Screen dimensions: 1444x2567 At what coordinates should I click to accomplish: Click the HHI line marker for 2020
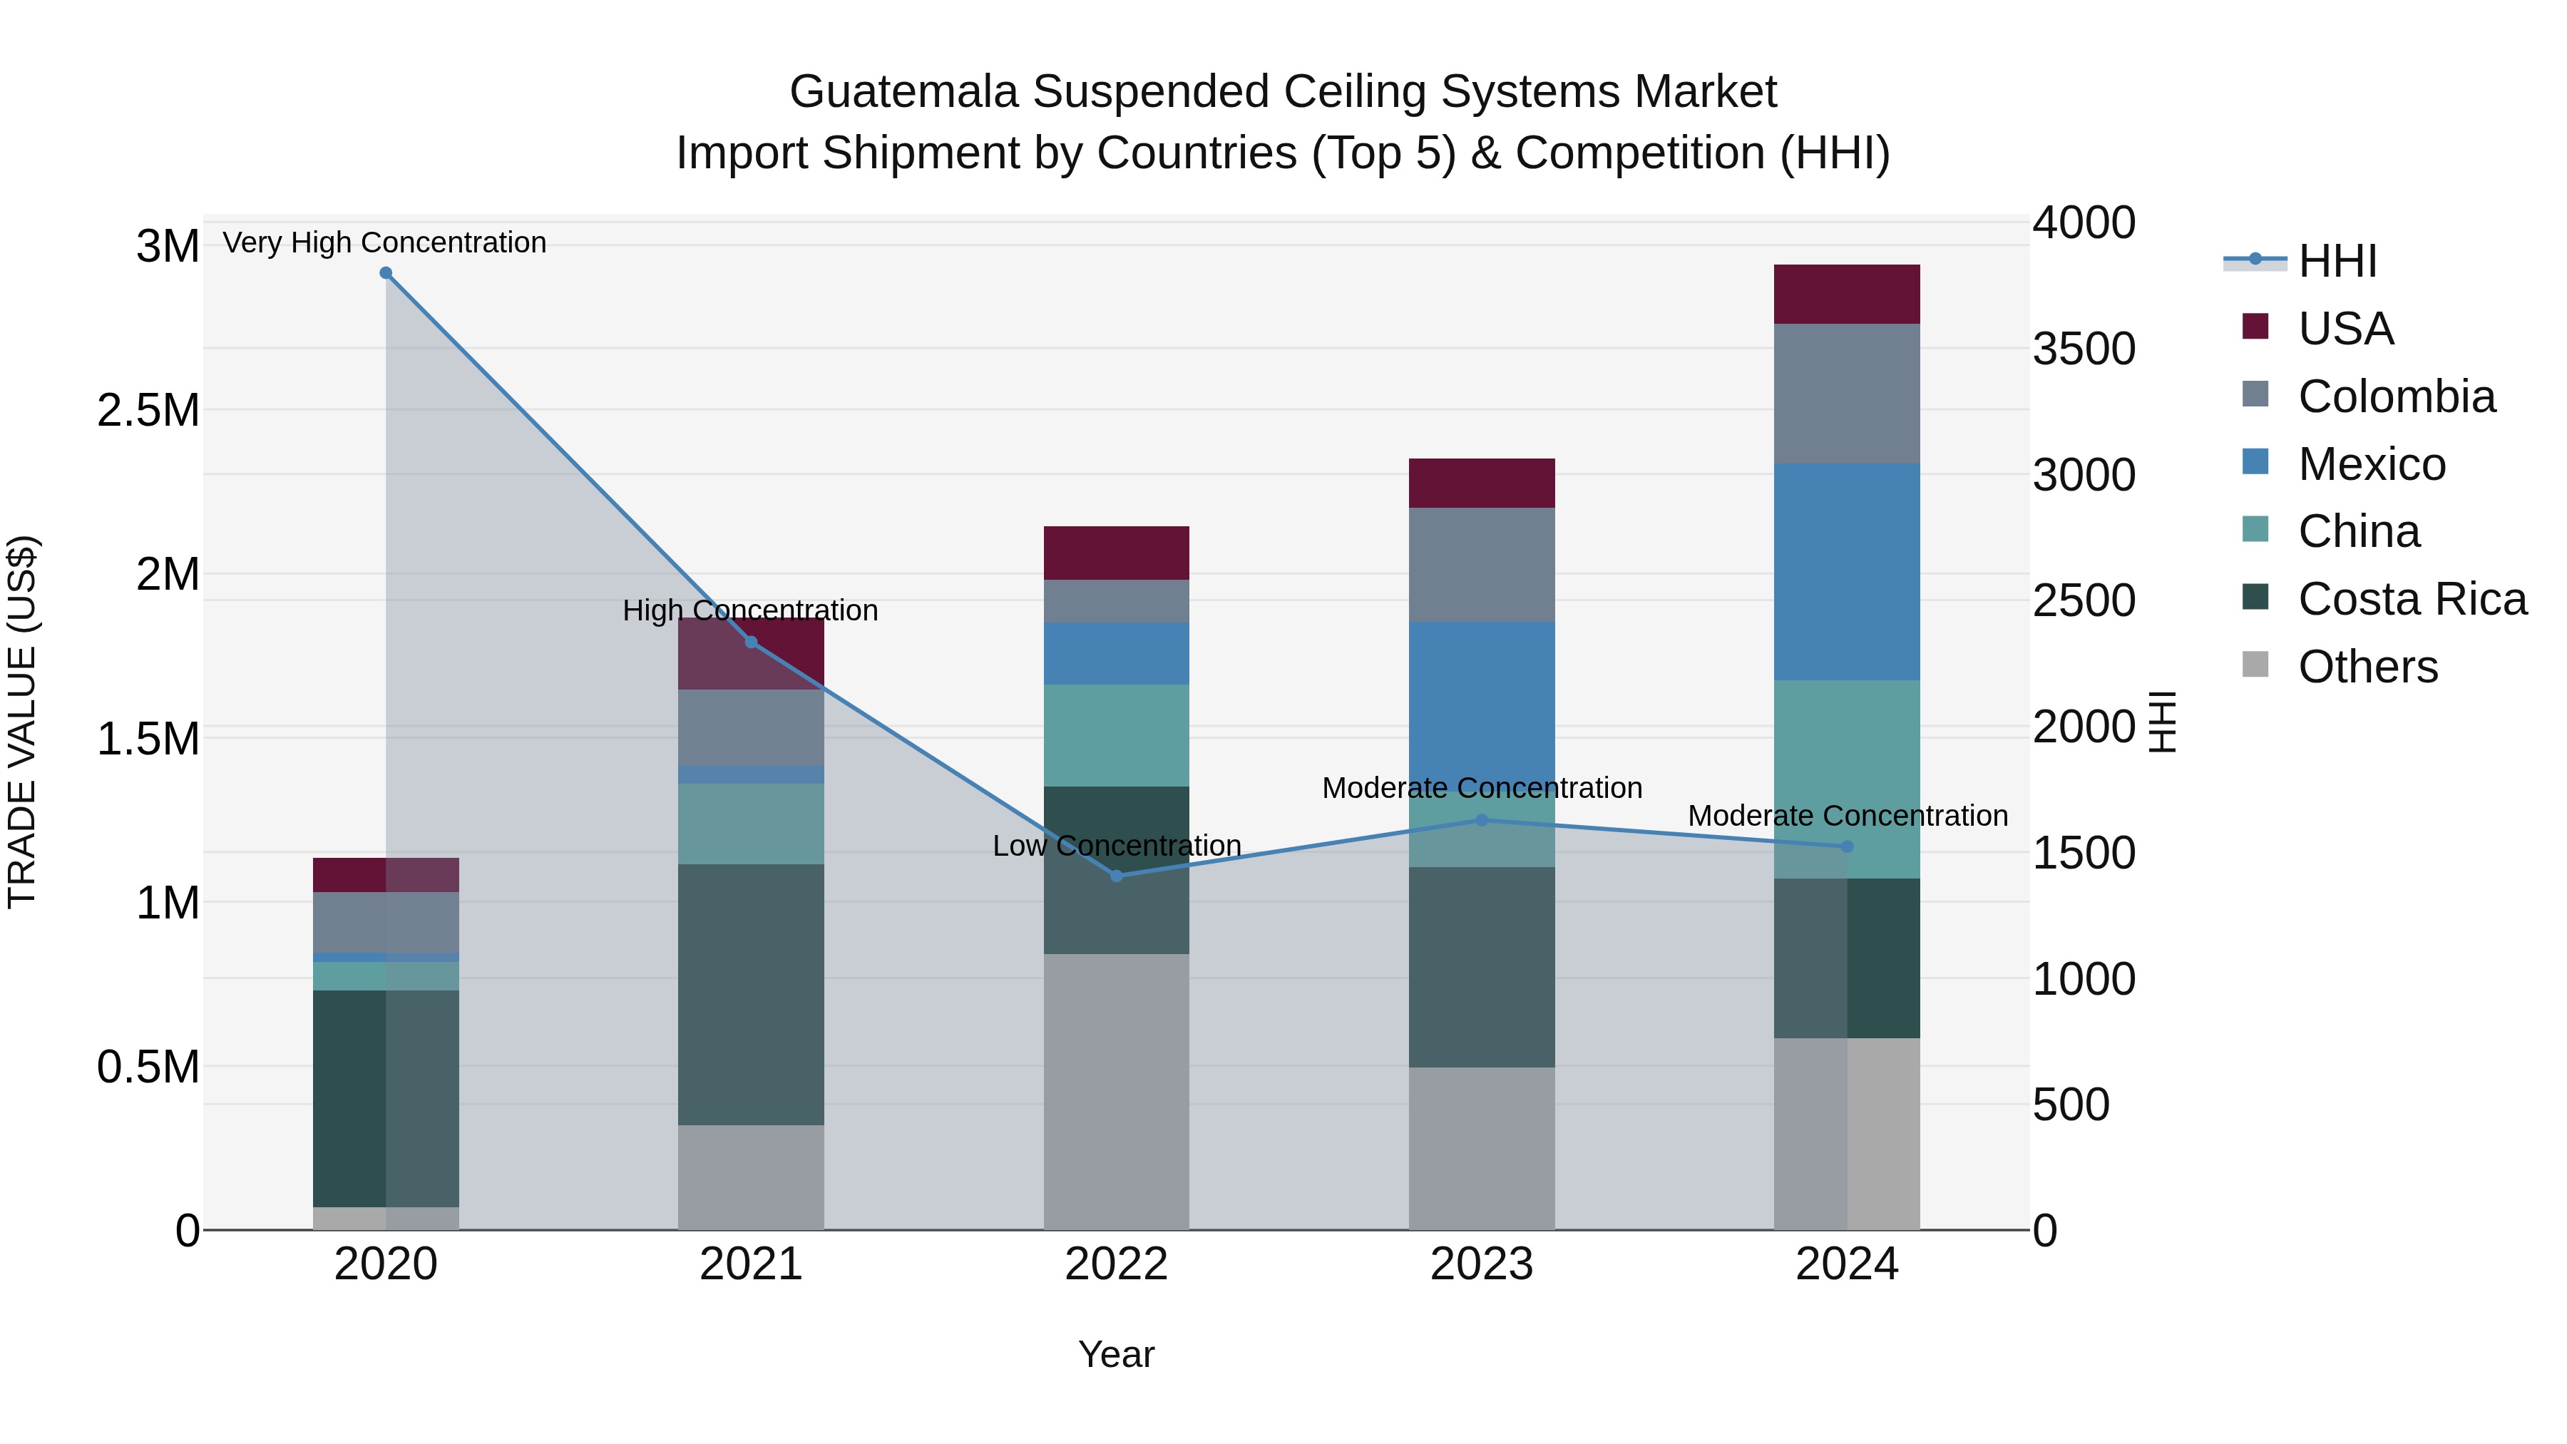point(386,273)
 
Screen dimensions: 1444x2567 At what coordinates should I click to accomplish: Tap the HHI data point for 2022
point(1116,876)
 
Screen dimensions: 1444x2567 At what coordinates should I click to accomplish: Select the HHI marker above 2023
point(1481,820)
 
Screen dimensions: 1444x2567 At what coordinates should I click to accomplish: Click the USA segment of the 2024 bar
point(1847,294)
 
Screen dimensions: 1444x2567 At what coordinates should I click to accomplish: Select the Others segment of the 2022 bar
point(1116,1091)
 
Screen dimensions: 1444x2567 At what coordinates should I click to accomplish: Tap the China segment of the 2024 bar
point(1847,757)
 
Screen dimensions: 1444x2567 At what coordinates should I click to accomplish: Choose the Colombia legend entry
point(2396,396)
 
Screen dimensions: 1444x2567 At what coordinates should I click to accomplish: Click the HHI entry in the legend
point(2337,261)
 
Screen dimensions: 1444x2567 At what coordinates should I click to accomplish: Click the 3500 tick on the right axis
point(2084,349)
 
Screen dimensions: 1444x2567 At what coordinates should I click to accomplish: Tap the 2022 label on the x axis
point(1116,1264)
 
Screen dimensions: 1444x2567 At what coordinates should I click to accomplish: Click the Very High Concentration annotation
point(384,242)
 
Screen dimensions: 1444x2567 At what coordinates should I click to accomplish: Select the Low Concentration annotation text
point(1116,845)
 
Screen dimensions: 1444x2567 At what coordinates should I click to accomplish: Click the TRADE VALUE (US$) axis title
point(23,722)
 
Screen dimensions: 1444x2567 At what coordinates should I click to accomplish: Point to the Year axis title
point(1116,1354)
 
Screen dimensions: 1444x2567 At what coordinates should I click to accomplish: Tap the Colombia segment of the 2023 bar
point(1481,564)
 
